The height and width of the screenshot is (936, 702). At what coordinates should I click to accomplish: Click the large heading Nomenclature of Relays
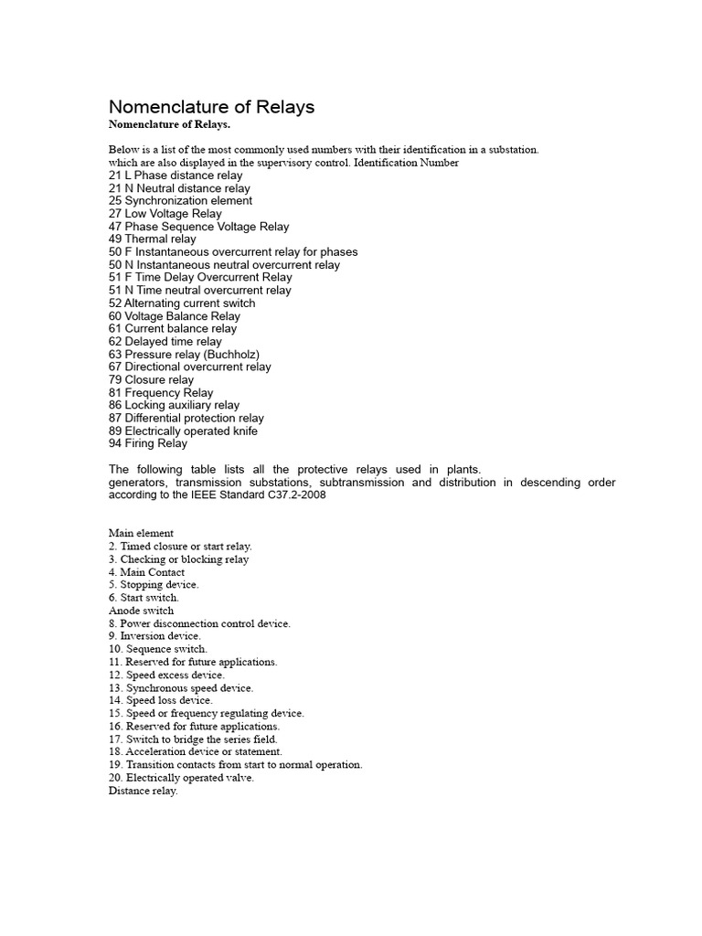pos(211,107)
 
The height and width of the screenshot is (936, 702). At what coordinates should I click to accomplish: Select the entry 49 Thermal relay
pos(152,239)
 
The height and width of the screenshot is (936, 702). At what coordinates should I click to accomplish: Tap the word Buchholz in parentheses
pos(237,355)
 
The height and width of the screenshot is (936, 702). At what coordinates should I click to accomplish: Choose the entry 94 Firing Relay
pos(147,444)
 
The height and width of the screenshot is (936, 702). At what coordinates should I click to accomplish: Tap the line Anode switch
pos(141,611)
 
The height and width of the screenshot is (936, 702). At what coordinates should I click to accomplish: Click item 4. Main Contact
pos(146,572)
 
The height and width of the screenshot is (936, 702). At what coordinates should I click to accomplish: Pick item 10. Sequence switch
pos(157,649)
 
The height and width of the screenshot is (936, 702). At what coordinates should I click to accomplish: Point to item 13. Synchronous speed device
pos(180,687)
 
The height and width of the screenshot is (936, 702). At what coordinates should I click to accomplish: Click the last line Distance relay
pos(143,791)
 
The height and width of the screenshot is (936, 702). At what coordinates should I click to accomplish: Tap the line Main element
pos(141,534)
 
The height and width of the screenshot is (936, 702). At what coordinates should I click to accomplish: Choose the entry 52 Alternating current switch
pos(182,303)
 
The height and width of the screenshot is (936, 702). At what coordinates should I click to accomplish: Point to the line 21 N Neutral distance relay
pos(179,188)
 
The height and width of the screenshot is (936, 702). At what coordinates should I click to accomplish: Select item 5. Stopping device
pos(153,585)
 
